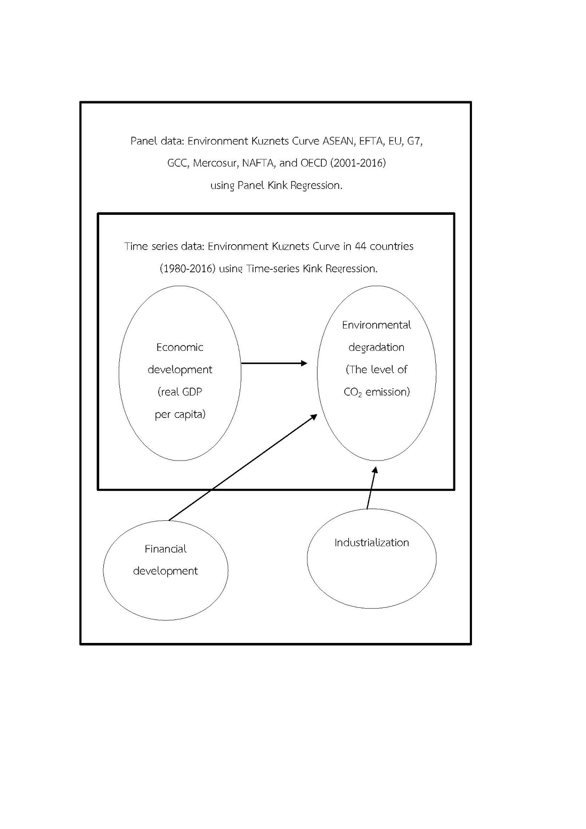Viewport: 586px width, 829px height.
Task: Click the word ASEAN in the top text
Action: [x=337, y=141]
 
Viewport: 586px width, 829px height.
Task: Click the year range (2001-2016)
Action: [x=357, y=163]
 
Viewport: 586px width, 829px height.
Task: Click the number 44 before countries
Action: [x=361, y=246]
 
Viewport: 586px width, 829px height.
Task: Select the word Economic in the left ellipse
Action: [x=180, y=348]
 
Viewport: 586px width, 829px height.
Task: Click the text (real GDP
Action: [x=180, y=392]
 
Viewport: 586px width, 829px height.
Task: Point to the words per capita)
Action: [x=180, y=414]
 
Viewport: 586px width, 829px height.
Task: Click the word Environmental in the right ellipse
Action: [x=376, y=325]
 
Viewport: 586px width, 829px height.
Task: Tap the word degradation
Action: [x=376, y=348]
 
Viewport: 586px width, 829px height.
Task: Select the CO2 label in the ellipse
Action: [x=353, y=392]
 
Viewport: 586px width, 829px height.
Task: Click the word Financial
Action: [x=165, y=549]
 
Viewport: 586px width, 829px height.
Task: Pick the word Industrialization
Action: [x=371, y=543]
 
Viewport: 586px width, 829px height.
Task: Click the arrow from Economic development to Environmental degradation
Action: [x=274, y=363]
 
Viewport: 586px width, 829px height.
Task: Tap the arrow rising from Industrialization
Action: [x=371, y=488]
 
